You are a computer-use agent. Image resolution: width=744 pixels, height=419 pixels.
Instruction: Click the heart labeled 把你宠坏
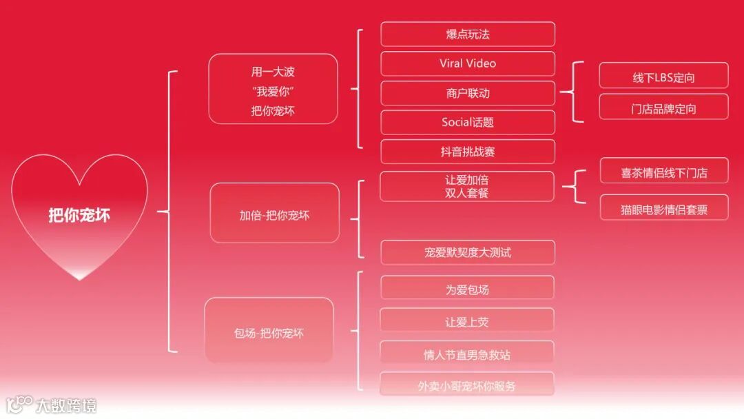[x=79, y=215]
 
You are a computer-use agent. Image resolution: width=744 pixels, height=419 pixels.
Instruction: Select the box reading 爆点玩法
[x=468, y=34]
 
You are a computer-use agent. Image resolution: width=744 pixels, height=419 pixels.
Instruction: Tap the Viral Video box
[x=468, y=63]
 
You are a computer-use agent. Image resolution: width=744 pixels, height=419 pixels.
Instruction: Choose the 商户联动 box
[x=468, y=93]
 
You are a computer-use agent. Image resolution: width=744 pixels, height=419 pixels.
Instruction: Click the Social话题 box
[x=468, y=123]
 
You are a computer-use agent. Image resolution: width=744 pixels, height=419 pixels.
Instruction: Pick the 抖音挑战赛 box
[x=468, y=152]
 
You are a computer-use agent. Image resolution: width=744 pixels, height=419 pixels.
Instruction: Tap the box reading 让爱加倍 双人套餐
[x=467, y=187]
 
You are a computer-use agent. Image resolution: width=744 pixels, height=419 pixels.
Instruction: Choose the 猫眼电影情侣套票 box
[x=664, y=209]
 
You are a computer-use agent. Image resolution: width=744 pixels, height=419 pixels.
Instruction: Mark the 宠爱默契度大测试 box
[x=468, y=252]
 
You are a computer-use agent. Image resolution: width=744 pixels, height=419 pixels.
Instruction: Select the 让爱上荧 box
[x=467, y=322]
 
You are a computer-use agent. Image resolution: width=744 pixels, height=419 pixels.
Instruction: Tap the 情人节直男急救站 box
[x=467, y=355]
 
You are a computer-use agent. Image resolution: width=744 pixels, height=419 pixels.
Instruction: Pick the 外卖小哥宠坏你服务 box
[x=467, y=386]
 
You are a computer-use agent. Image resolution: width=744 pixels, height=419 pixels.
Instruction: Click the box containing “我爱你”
[x=273, y=90]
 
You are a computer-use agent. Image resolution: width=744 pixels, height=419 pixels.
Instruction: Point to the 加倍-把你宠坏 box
[x=274, y=215]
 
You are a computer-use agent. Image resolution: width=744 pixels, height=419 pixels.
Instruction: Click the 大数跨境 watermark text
[x=66, y=405]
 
